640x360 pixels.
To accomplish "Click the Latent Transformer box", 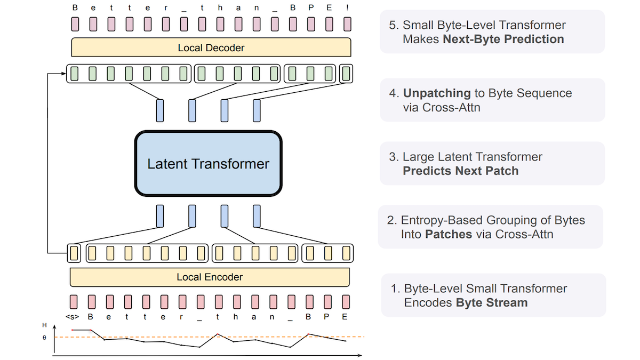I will (208, 163).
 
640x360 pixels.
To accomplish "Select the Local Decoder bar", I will (211, 48).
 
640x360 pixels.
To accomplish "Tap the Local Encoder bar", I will (210, 277).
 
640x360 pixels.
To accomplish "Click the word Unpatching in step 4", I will (436, 93).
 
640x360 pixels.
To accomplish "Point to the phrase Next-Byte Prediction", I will (503, 39).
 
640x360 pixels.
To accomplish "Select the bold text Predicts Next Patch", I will (460, 171).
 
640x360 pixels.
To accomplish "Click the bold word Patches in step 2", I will (449, 234).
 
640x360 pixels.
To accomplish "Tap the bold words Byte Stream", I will (491, 303).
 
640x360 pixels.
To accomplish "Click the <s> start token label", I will (72, 317).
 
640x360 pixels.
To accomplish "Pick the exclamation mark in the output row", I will (347, 9).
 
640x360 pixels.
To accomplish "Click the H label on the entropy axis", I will (45, 325).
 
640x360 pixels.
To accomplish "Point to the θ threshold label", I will (44, 338).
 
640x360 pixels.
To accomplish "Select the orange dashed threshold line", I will (256, 337).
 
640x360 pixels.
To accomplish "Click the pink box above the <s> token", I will (73, 301).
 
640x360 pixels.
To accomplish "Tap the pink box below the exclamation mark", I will (347, 24).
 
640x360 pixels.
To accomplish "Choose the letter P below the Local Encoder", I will (327, 317).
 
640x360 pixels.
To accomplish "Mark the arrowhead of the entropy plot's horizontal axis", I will (361, 355).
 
